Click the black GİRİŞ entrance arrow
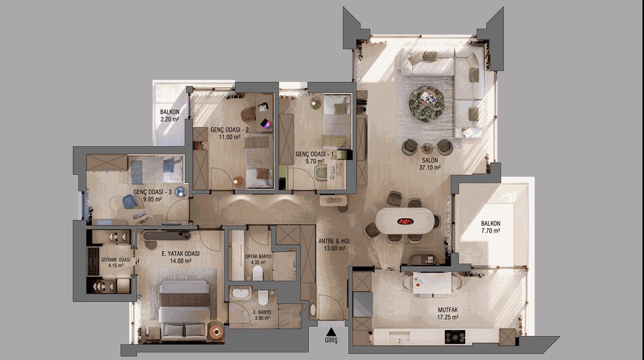pyautogui.click(x=331, y=331)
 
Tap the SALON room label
pyautogui.click(x=430, y=160)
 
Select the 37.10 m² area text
pyautogui.click(x=430, y=168)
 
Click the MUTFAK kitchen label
pyautogui.click(x=448, y=310)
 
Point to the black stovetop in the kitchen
pyautogui.click(x=455, y=337)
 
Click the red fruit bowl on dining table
pyautogui.click(x=406, y=222)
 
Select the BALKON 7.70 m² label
pyautogui.click(x=491, y=227)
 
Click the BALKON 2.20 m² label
pyautogui.click(x=170, y=115)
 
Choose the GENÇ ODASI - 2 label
pyautogui.click(x=230, y=130)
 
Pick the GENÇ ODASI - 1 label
pyautogui.click(x=314, y=154)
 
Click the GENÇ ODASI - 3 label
pyautogui.click(x=152, y=192)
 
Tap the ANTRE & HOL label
pyautogui.click(x=335, y=241)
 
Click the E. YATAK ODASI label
pyautogui.click(x=181, y=254)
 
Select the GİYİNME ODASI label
pyautogui.click(x=116, y=260)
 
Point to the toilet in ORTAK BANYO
pyautogui.click(x=258, y=273)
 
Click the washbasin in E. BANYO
pyautogui.click(x=240, y=294)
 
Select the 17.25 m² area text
pyautogui.click(x=447, y=317)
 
